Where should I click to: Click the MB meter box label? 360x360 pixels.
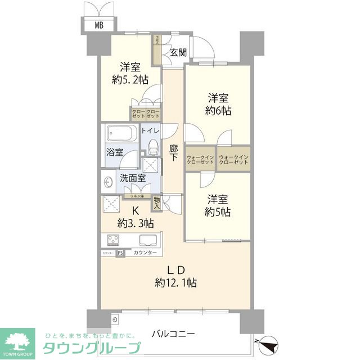coord(98,25)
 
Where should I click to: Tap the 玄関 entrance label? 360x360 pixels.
coord(178,52)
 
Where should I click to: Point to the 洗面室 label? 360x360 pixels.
coord(133,178)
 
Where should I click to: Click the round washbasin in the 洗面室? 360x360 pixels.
coord(109,182)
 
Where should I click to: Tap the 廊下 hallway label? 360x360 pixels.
coord(174,154)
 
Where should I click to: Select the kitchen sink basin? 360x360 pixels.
coord(147,240)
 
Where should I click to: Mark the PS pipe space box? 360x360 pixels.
coord(120,253)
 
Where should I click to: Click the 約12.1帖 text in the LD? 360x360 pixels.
coord(177,282)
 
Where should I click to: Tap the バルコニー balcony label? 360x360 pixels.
coord(173,334)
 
